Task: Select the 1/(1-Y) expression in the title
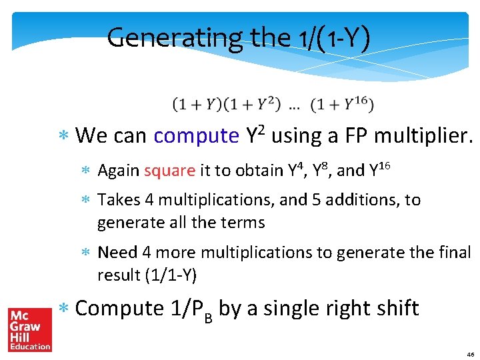pyautogui.click(x=327, y=38)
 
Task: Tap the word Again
pyautogui.click(x=118, y=171)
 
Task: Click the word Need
pyautogui.click(x=117, y=253)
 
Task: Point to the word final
pyautogui.click(x=455, y=253)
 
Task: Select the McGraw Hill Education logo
pyautogui.click(x=29, y=329)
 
